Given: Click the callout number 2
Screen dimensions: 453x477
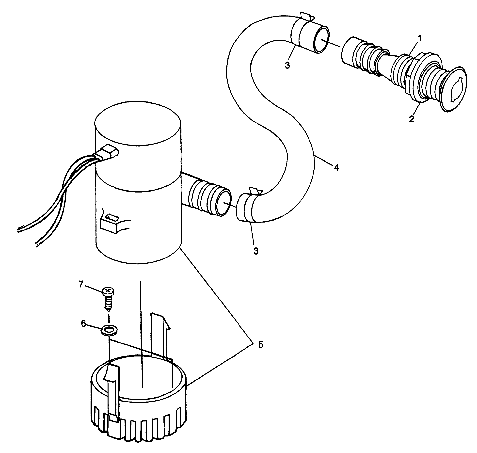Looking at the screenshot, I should click(412, 119).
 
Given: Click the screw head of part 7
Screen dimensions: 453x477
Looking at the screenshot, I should click(107, 291).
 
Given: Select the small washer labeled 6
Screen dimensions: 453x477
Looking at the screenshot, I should click(108, 329).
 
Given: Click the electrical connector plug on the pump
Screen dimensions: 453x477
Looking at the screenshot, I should click(108, 154).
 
